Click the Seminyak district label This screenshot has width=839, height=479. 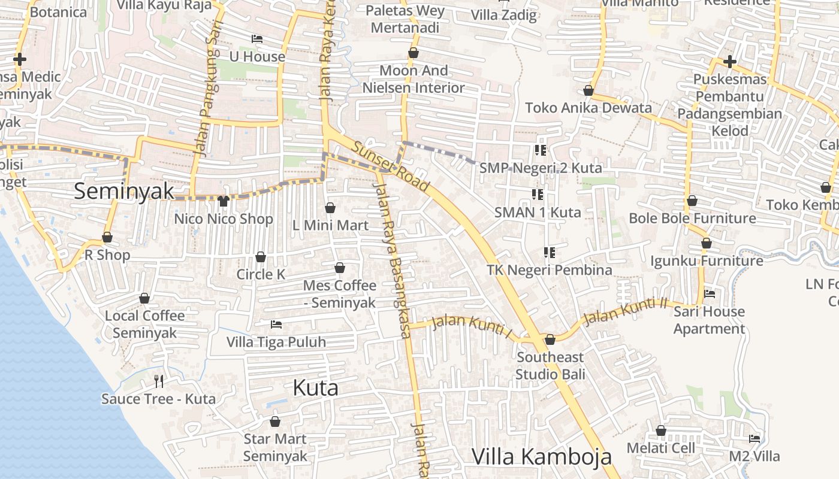pos(124,191)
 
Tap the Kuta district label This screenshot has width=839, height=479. pos(315,387)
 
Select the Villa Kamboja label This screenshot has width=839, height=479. pos(542,456)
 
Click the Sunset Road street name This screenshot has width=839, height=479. pos(390,166)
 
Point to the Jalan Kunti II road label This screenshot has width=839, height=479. pos(625,311)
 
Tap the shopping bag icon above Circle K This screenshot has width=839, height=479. pos(261,257)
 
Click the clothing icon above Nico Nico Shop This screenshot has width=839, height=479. pos(224,201)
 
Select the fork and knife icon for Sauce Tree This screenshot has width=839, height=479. pos(159,381)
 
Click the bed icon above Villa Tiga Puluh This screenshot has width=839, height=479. pos(276,325)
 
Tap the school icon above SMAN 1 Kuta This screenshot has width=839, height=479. pos(538,194)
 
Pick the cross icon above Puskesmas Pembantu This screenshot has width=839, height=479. pos(729,62)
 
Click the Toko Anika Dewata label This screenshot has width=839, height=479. pos(588,108)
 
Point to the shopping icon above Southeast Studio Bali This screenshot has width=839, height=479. pos(550,339)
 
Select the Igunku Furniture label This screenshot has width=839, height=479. pos(707,260)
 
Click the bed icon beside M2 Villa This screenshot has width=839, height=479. pos(755,439)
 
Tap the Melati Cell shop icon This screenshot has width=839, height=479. pos(660,431)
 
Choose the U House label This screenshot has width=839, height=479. pos(257,56)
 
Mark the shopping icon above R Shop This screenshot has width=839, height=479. pos(107,237)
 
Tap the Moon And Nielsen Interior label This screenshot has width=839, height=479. pos(414,79)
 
